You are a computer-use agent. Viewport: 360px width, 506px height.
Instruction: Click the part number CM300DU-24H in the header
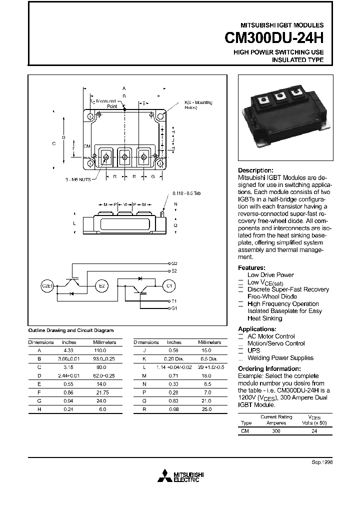[x=270, y=38]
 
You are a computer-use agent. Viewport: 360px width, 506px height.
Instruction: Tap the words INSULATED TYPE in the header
[x=297, y=60]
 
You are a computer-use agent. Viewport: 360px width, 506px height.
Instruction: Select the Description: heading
[x=255, y=170]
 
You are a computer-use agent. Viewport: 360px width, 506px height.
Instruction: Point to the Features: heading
[x=251, y=267]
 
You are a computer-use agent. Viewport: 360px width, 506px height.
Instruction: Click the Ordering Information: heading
[x=269, y=369]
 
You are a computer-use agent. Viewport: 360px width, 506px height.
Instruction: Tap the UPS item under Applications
[x=254, y=351]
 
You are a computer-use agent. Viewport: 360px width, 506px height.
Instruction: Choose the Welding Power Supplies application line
[x=280, y=358]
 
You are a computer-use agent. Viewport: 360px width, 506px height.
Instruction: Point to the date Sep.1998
[x=322, y=462]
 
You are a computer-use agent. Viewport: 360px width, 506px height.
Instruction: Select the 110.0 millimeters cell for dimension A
[x=100, y=351]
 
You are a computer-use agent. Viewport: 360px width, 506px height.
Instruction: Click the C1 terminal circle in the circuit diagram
[x=168, y=285]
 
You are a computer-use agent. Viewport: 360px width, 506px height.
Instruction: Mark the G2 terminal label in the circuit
[x=174, y=263]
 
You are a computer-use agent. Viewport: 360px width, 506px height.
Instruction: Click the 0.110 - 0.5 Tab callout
[x=186, y=193]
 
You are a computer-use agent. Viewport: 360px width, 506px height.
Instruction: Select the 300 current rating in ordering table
[x=276, y=430]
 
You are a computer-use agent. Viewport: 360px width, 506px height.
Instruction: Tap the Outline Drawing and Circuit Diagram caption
[x=70, y=330]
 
